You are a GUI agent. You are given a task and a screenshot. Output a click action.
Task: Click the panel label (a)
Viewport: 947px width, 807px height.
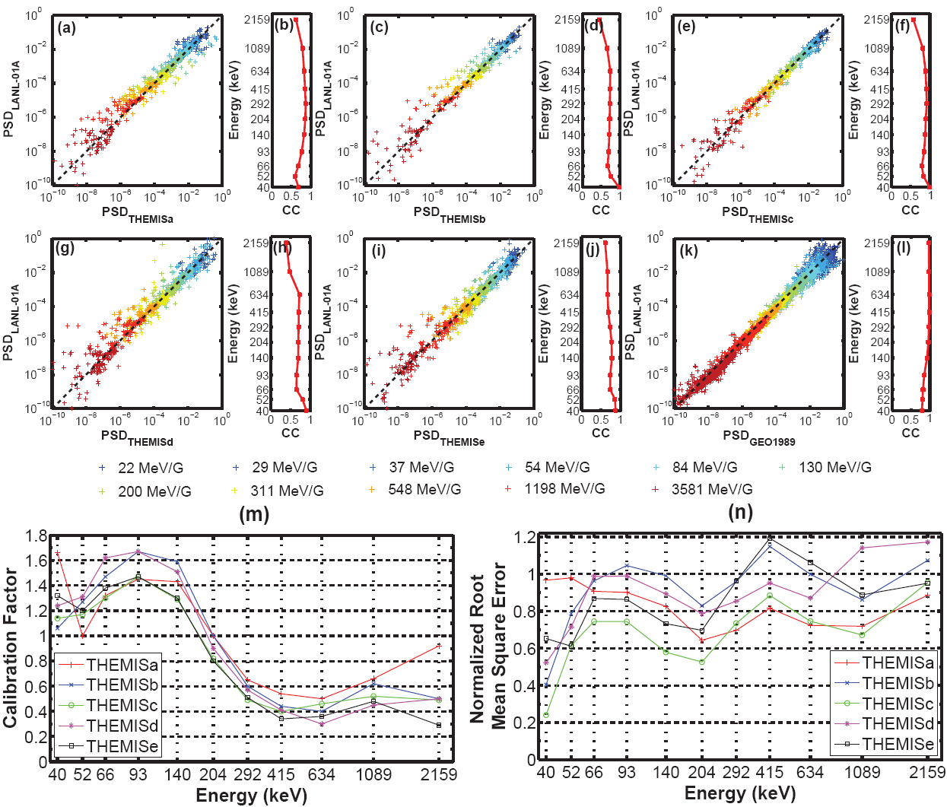coord(67,28)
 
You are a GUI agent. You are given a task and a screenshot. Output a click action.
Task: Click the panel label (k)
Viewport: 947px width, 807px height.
coord(688,251)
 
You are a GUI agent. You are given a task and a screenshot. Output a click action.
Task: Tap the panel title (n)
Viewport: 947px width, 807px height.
coord(739,511)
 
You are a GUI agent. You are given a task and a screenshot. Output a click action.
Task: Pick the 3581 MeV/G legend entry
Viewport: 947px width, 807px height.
coord(712,489)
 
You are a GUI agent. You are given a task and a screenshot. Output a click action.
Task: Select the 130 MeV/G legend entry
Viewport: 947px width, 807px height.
coord(834,467)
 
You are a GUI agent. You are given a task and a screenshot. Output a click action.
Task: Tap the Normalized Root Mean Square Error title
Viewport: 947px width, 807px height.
coord(488,647)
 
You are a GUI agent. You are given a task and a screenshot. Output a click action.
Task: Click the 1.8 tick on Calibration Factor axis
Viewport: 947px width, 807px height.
coord(36,536)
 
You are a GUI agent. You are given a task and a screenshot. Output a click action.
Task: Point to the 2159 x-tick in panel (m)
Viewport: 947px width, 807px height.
coord(439,774)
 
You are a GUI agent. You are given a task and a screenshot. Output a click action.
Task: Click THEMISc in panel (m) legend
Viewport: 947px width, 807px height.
coord(122,705)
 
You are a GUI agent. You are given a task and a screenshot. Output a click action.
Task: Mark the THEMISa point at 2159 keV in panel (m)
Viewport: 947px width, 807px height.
coord(439,647)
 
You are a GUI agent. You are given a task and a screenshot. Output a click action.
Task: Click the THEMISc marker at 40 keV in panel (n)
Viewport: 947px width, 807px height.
coord(545,716)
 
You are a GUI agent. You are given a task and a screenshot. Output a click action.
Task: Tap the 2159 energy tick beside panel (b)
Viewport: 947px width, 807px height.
coord(256,20)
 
